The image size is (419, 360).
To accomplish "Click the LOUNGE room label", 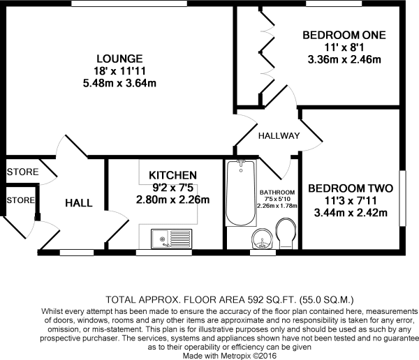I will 120,59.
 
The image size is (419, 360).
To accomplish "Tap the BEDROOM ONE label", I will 344,35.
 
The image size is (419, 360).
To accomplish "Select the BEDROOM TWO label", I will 351,188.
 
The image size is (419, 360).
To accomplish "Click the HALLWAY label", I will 279,135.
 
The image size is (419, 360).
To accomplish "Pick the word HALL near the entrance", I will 79,202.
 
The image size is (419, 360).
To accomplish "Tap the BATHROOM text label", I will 277,193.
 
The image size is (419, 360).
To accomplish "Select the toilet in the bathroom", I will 286,232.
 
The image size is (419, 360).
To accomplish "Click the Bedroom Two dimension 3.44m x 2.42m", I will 351,213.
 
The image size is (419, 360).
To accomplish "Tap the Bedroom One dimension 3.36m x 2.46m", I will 344,59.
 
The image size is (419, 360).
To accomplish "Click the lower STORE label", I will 20,200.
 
